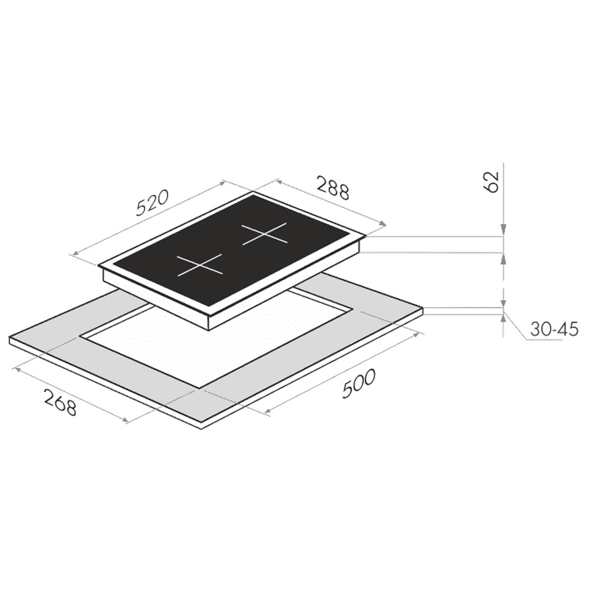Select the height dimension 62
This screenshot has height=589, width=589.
[x=492, y=182]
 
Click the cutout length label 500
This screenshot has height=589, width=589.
[x=359, y=383]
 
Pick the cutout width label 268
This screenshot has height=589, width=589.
[x=60, y=402]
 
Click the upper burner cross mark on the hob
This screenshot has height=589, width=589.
[x=264, y=234]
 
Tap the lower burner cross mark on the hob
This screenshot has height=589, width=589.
[x=200, y=265]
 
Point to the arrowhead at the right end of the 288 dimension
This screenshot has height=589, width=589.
[x=383, y=224]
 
